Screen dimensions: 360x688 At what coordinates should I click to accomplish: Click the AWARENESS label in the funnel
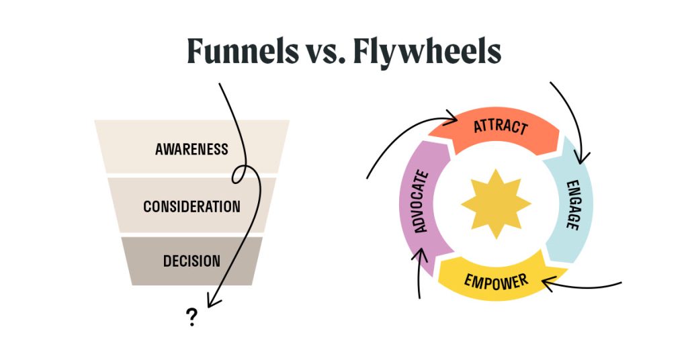click(191, 149)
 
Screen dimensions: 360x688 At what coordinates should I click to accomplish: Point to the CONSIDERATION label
click(191, 206)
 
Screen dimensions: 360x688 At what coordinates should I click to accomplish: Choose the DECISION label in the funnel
click(191, 261)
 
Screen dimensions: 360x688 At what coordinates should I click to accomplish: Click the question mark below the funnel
click(192, 317)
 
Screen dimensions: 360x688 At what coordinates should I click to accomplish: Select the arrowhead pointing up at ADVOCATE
click(423, 255)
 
